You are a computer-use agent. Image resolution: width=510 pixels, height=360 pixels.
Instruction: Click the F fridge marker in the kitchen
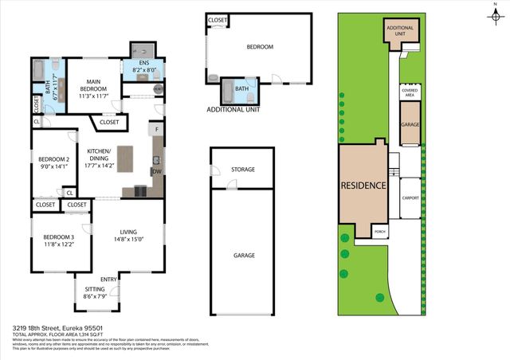point(158,129)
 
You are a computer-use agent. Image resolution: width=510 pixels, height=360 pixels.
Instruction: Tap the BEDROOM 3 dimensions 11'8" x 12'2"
point(59,245)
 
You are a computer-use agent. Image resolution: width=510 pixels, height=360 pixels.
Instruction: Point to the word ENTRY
point(108,279)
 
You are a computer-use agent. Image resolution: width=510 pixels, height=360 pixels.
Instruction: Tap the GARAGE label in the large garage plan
point(244,256)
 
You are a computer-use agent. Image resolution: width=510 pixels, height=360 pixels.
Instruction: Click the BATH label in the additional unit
point(241,89)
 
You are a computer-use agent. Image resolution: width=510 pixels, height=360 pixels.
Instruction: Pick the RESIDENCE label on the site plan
point(363,186)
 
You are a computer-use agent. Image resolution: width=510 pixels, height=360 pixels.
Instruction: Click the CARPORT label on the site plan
point(411,198)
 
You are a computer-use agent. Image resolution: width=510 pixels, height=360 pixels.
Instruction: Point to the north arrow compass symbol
point(495,11)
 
